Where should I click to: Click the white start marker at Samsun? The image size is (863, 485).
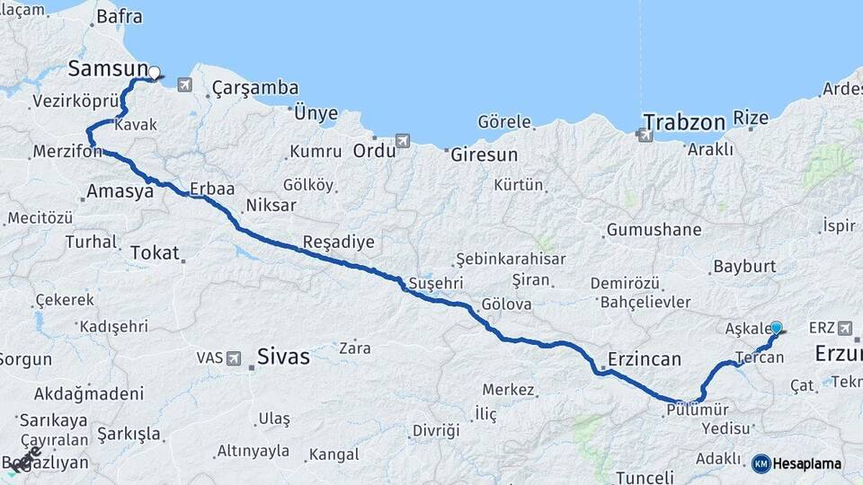[x=154, y=73]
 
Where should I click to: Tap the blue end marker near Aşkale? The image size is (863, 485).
[x=777, y=329]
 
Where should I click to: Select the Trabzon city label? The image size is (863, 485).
[x=683, y=121]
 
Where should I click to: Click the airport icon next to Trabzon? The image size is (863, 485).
[x=645, y=135]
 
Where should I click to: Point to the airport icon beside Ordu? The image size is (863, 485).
[x=402, y=141]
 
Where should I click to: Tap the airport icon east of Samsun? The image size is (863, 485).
[x=185, y=85]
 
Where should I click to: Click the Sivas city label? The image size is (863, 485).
[x=283, y=357]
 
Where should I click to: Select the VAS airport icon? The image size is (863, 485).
[x=234, y=358]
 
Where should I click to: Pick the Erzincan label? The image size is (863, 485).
[x=644, y=358]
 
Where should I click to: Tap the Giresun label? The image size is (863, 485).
[x=485, y=154]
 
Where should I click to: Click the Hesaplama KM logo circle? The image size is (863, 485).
[x=761, y=463]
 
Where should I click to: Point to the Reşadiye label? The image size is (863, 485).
[x=338, y=242]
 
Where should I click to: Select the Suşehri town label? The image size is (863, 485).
[x=435, y=283]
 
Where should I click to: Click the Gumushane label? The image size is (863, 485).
[x=654, y=230]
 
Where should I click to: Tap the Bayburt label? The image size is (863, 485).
[x=743, y=267]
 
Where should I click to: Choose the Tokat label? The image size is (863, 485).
[x=155, y=253]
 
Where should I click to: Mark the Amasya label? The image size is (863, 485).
[x=120, y=191]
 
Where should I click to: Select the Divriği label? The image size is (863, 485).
[x=436, y=430]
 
